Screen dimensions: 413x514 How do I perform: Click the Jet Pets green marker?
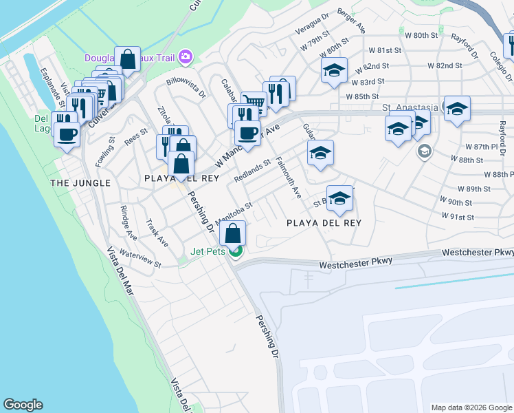point(235,251)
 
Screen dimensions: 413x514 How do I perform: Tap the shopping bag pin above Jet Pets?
point(234,233)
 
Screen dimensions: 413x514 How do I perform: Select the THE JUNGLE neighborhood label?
point(80,183)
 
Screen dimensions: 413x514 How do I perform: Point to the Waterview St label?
point(139,258)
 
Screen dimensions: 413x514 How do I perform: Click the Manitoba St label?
point(234,213)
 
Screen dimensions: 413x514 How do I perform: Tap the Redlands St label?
point(252,171)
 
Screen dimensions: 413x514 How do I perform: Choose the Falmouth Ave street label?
point(289,178)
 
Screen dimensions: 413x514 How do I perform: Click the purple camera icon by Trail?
point(185,57)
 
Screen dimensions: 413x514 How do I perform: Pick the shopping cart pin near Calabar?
point(254,103)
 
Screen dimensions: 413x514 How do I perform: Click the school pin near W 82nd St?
point(334,70)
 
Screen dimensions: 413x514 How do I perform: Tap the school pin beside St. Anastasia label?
point(457,108)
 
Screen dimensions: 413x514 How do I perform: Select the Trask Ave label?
point(157,233)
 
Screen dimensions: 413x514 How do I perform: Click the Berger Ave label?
point(352,25)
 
